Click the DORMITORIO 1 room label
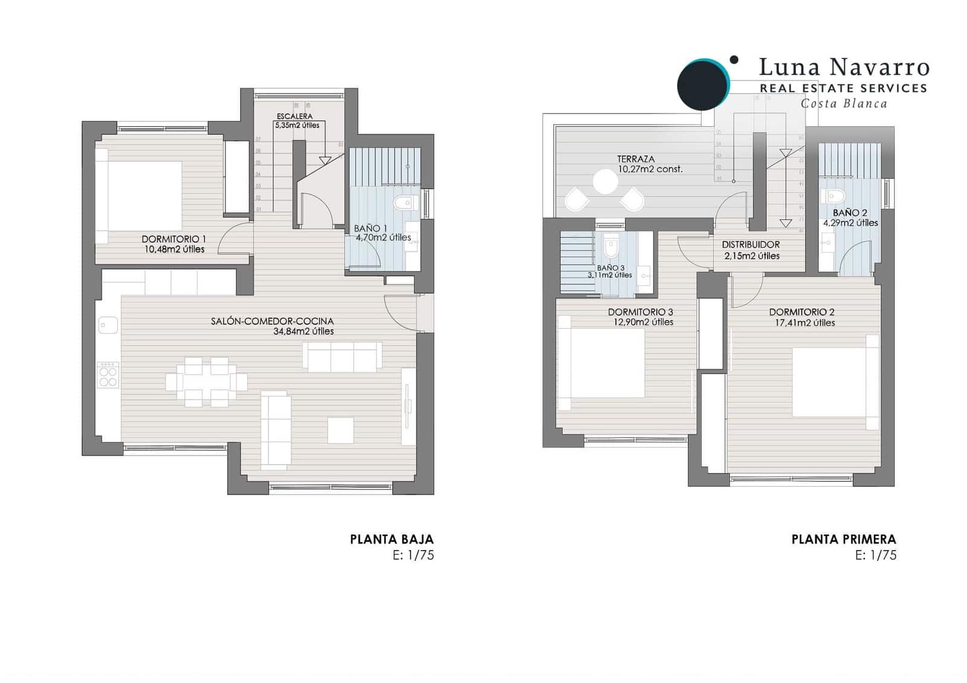coord(174,239)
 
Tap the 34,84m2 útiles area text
coord(303,331)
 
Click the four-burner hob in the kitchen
coord(108,375)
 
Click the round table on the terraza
coord(605,181)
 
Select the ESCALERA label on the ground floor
coord(294,116)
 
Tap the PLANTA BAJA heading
coord(392,539)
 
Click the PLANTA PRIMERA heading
coord(844,539)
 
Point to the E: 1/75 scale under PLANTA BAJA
coord(413,555)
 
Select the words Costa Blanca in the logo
coord(844,103)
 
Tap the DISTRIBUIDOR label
coord(751,245)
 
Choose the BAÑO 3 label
coord(610,267)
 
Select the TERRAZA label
coord(636,159)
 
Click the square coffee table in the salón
coord(341,430)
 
